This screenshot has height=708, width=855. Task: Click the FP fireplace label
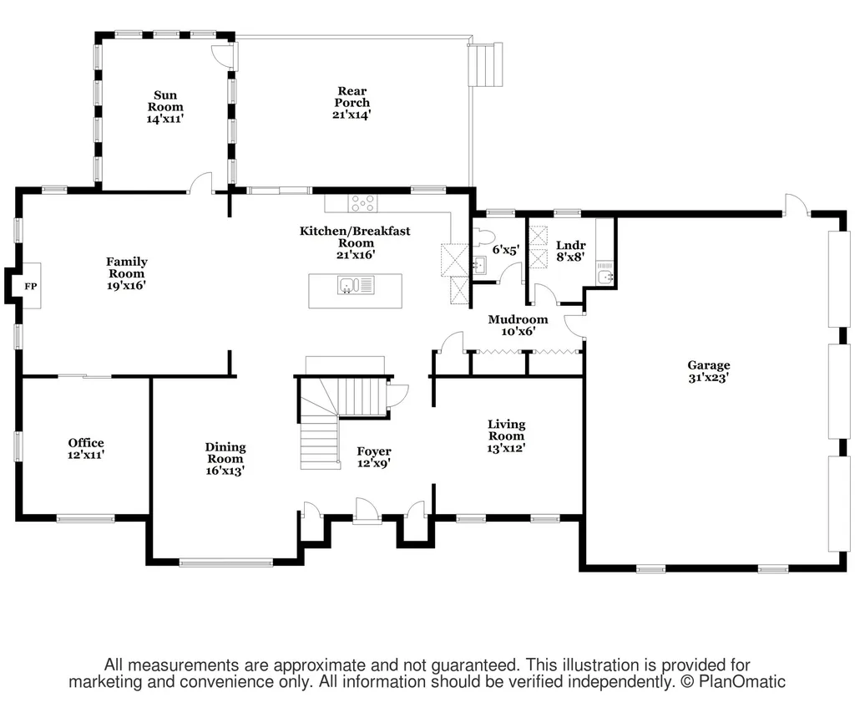point(31,286)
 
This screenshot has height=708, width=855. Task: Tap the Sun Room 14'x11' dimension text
point(165,119)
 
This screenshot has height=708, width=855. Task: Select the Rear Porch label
point(352,97)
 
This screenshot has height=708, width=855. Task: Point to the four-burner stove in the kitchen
point(362,203)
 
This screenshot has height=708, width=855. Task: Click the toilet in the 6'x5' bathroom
point(483,237)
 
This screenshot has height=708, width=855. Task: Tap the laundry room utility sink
point(605,277)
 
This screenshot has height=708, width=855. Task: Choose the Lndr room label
point(570,246)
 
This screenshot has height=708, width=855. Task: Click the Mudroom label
point(518,319)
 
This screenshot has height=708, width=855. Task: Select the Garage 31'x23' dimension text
point(708,378)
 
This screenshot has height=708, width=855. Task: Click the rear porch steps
point(485,64)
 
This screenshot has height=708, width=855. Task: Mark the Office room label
point(86,443)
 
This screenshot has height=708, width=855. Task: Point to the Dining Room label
point(225,453)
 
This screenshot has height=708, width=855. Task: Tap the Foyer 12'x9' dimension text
point(374,463)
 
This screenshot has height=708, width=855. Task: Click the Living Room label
point(507,430)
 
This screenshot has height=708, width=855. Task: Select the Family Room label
point(127,267)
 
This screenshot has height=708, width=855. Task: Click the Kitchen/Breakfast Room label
point(355,237)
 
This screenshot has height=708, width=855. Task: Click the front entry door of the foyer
point(367,512)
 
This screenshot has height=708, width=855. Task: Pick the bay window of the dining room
point(225,563)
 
